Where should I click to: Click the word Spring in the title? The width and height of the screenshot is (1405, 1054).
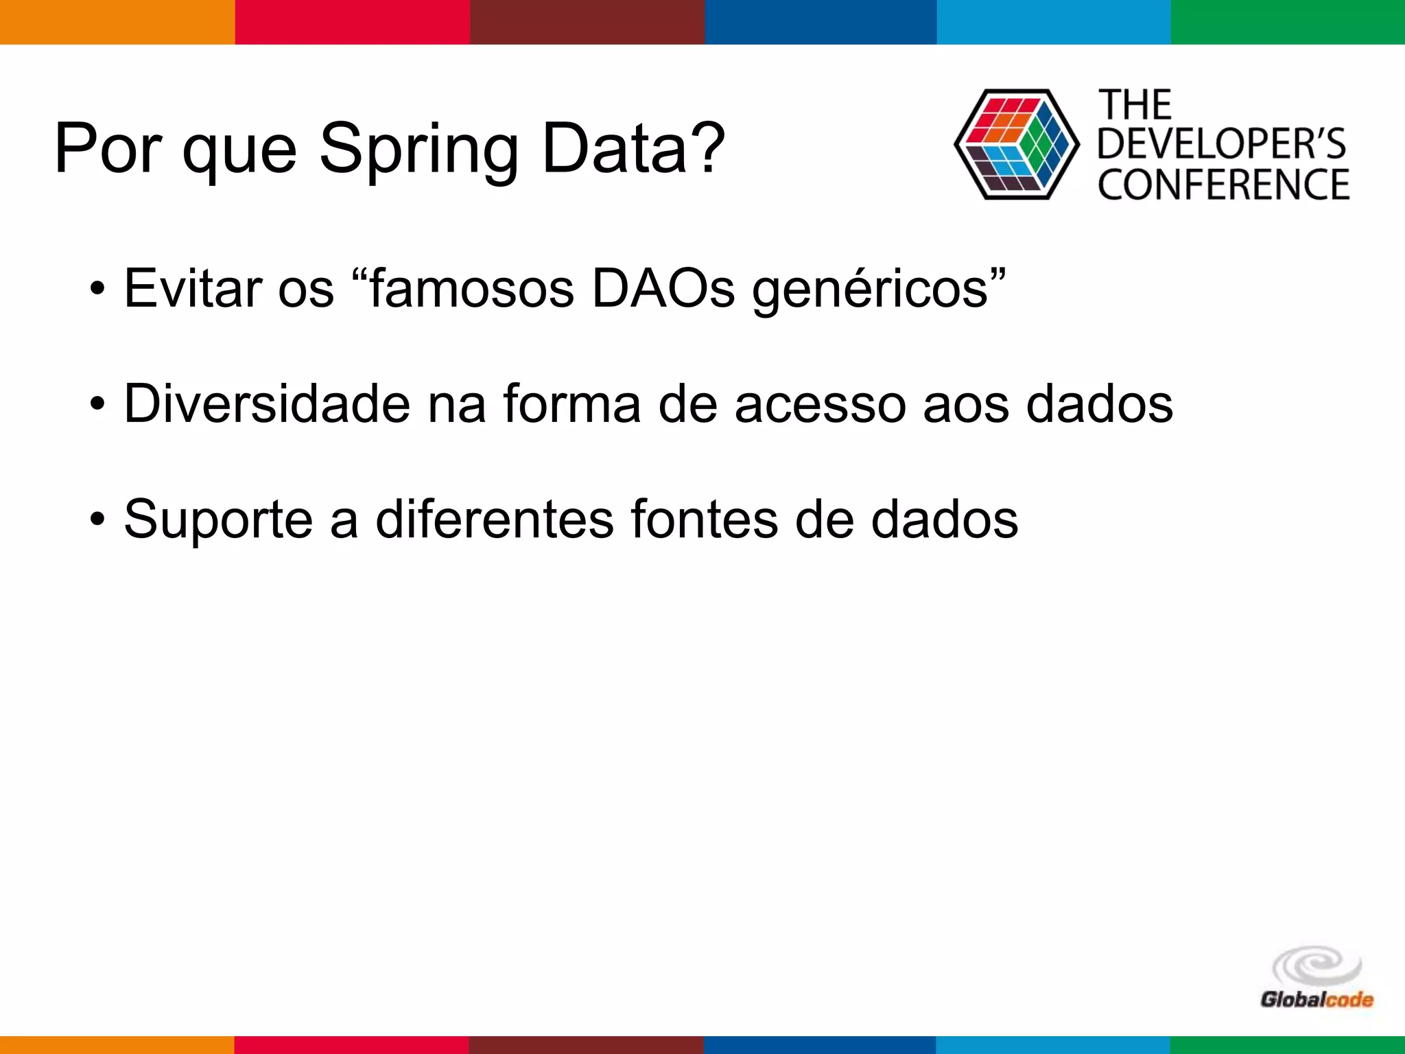419,149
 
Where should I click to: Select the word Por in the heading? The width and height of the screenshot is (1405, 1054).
108,149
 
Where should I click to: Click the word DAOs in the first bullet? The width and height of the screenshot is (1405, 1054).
663,289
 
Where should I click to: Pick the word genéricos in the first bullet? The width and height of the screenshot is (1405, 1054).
871,290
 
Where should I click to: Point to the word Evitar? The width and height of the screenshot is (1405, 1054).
193,289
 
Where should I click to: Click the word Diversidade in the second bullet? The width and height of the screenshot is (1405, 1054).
267,404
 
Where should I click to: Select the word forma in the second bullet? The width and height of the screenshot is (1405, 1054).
571,404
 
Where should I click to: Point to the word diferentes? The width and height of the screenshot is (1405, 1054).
494,519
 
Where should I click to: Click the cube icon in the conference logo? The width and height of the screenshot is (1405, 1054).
1016,144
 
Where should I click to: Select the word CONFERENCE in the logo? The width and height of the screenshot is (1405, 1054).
1223,185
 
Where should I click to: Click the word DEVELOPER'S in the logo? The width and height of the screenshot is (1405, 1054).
1221,144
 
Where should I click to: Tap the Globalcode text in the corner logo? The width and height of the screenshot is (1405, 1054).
1316,1000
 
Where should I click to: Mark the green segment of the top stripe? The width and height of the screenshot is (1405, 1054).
1288,22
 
